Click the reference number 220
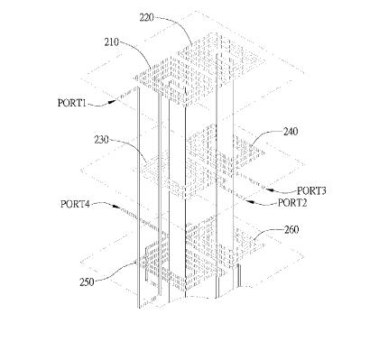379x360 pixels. tap(146, 18)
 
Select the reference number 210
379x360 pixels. tap(112, 42)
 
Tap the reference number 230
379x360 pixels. tap(102, 140)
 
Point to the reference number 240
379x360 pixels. tap(291, 132)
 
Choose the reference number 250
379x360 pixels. tap(87, 282)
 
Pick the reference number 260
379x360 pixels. tap(291, 230)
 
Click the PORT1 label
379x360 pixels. tap(72, 103)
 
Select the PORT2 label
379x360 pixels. tap(292, 203)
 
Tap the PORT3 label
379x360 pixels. tap(311, 190)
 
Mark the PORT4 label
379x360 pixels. tap(75, 204)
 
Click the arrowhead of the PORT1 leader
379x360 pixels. tap(112, 101)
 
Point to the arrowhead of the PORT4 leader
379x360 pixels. tap(116, 207)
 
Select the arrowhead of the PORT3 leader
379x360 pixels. tap(269, 189)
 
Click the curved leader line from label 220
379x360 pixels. tap(178, 24)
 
